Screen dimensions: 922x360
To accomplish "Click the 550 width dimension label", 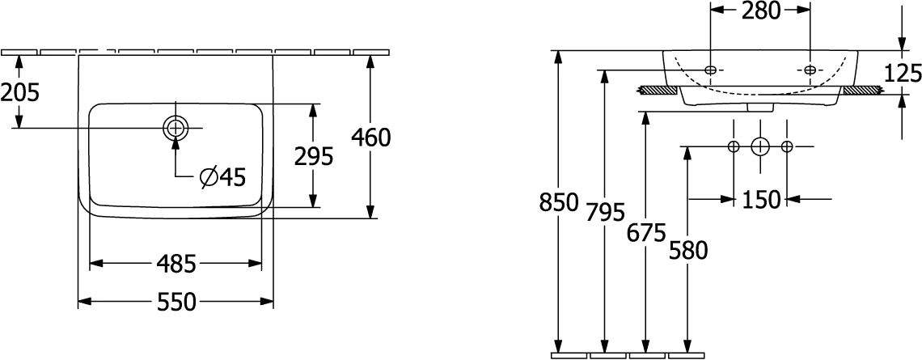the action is pyautogui.click(x=176, y=303).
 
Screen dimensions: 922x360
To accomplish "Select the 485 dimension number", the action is pyautogui.click(x=176, y=264).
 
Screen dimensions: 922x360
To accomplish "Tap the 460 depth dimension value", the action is pyautogui.click(x=370, y=138).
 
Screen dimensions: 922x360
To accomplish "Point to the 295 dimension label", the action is pyautogui.click(x=314, y=156).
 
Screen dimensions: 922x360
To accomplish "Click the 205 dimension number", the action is pyautogui.click(x=20, y=92).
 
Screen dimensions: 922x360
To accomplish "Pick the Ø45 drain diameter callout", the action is pyautogui.click(x=222, y=177).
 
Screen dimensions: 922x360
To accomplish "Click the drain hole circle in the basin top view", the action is pyautogui.click(x=176, y=128).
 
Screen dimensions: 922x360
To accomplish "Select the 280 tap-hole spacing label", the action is pyautogui.click(x=760, y=10).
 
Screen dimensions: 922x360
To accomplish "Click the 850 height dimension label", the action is pyautogui.click(x=559, y=202).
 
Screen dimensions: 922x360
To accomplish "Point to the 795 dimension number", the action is pyautogui.click(x=604, y=212).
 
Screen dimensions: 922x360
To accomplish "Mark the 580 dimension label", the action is pyautogui.click(x=688, y=251).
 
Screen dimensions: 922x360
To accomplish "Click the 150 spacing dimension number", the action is pyautogui.click(x=760, y=199).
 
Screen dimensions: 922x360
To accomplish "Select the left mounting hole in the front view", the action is pyautogui.click(x=710, y=70).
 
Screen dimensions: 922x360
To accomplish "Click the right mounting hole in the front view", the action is pyautogui.click(x=810, y=70).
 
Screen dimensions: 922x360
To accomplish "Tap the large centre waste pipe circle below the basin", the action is pyautogui.click(x=760, y=146).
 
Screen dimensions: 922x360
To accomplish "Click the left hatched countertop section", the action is pyautogui.click(x=658, y=91).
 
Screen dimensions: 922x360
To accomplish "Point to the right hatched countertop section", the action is pyautogui.click(x=863, y=91).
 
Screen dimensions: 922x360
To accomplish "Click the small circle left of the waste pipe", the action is pyautogui.click(x=734, y=146).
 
